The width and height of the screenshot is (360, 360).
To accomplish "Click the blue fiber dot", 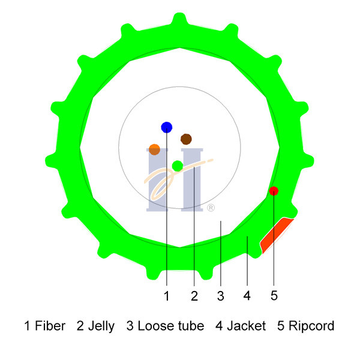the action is pyautogui.click(x=167, y=127).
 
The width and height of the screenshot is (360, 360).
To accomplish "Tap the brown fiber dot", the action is pyautogui.click(x=186, y=139).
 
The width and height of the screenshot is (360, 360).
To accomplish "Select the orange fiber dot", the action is pyautogui.click(x=154, y=149).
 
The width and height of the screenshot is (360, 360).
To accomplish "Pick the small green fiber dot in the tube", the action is pyautogui.click(x=178, y=166).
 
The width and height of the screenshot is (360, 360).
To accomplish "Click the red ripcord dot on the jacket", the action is pyautogui.click(x=274, y=191).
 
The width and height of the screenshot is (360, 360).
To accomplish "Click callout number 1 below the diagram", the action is pyautogui.click(x=167, y=296).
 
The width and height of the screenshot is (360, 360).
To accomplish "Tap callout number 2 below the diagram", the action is pyautogui.click(x=194, y=296).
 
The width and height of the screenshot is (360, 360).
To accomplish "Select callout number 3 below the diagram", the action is pyautogui.click(x=221, y=296).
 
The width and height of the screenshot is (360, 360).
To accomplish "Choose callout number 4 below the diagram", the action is pyautogui.click(x=247, y=296).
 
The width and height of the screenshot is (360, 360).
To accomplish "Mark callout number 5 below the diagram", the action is pyautogui.click(x=274, y=295).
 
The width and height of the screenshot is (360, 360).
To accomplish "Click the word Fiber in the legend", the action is pyautogui.click(x=50, y=326).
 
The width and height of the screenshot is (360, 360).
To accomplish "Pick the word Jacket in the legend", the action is pyautogui.click(x=247, y=326).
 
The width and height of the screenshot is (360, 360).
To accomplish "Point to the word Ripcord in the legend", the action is pyautogui.click(x=311, y=326).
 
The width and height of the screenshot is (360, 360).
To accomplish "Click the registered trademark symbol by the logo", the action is pyautogui.click(x=211, y=208).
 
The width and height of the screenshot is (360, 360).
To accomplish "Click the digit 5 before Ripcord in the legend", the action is pyautogui.click(x=281, y=326).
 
